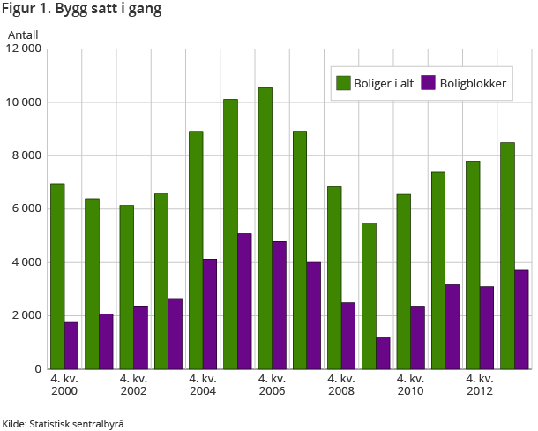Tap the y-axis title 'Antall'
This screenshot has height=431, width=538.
(x=24, y=34)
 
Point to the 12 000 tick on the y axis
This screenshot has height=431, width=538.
(x=25, y=49)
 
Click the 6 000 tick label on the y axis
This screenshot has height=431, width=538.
(x=28, y=209)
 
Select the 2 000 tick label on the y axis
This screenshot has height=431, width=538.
(x=28, y=315)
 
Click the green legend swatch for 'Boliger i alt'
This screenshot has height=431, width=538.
(x=343, y=83)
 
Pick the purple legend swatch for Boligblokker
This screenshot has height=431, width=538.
(x=429, y=83)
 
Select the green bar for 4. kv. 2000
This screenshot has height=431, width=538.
(x=57, y=276)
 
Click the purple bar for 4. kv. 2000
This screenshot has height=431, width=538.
(x=71, y=345)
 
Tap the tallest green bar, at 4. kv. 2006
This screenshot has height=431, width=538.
(x=265, y=228)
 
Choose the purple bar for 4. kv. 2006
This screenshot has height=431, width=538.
(x=279, y=305)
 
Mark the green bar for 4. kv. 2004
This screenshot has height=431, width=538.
(x=196, y=250)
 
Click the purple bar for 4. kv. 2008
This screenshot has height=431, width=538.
(x=348, y=336)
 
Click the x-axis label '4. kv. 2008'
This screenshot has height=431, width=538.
(x=341, y=385)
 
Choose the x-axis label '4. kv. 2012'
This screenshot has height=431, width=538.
(x=480, y=385)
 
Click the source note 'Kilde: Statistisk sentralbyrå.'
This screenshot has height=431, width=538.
(x=64, y=424)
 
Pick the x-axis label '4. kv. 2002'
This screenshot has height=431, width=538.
(x=134, y=385)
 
